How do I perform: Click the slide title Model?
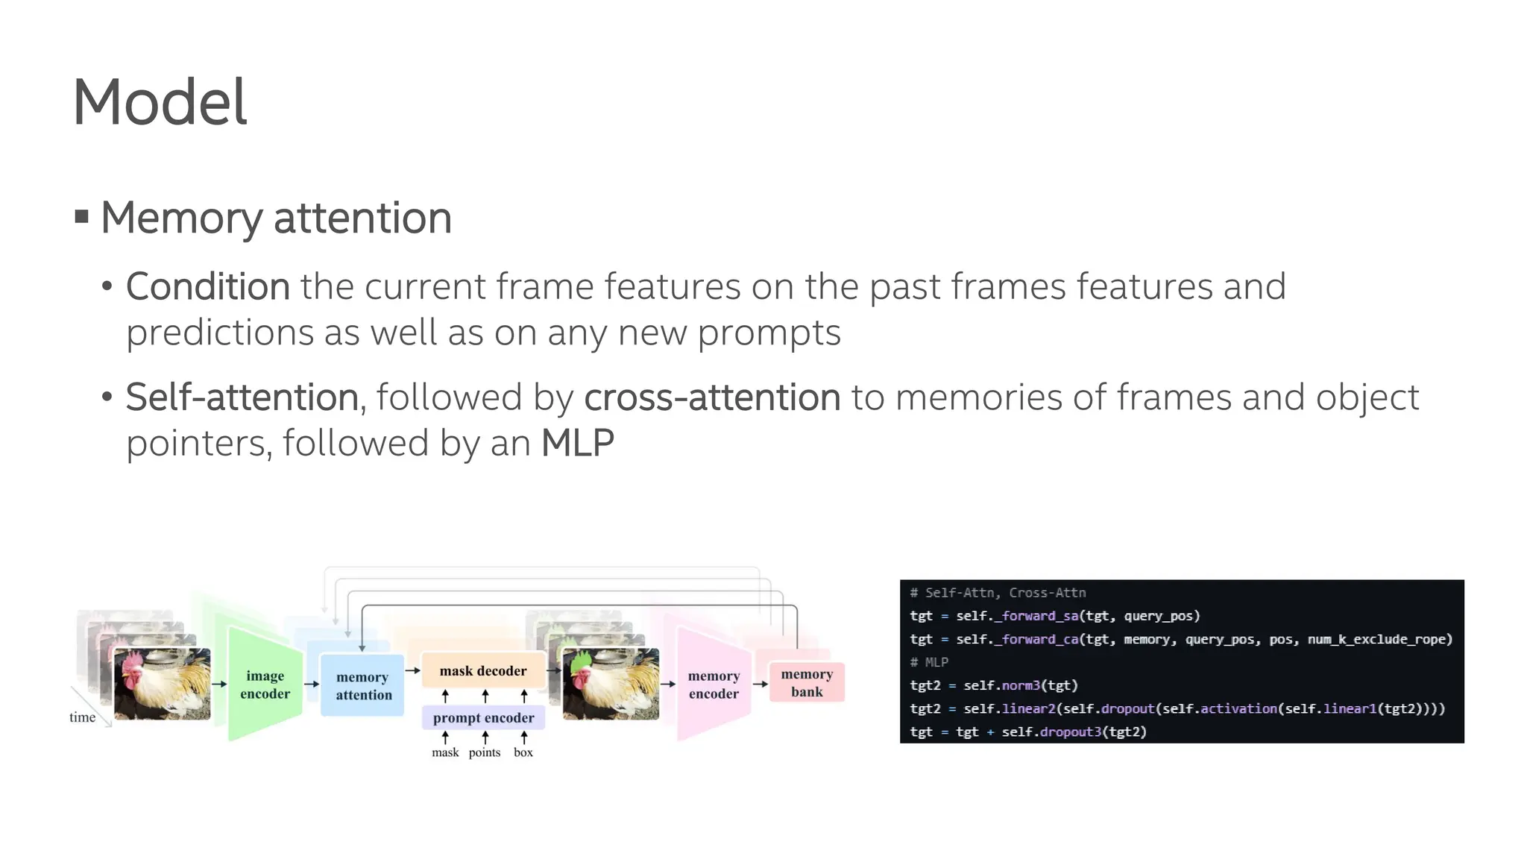coord(160,102)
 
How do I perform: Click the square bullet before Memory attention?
coord(82,218)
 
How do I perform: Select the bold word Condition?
coord(207,287)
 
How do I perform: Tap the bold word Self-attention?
coord(242,397)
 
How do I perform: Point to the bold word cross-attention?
coord(712,397)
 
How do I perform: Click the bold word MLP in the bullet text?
coord(577,444)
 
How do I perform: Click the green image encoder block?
coord(265,685)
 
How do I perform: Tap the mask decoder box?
coord(483,671)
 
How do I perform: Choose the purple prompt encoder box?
coord(483,718)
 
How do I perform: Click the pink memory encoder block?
coord(714,685)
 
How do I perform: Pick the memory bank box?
coord(807,683)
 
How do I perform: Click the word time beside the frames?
coord(82,717)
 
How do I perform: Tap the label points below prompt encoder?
coord(485,752)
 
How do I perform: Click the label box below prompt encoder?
coord(523,752)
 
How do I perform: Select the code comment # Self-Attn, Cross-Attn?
coord(998,593)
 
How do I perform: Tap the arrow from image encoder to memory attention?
coord(312,684)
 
